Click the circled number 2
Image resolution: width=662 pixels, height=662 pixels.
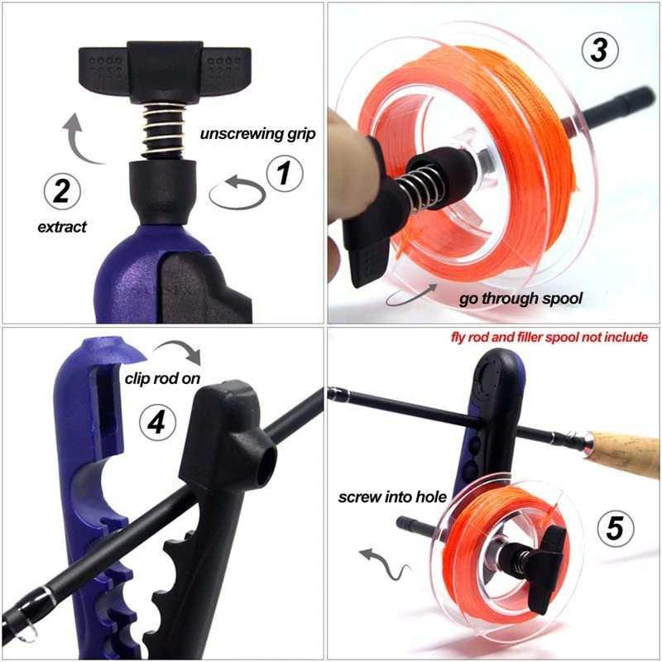click(x=61, y=191)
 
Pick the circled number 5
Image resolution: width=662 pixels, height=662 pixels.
click(x=614, y=527)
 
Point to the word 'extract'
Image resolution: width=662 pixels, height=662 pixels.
click(x=63, y=227)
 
